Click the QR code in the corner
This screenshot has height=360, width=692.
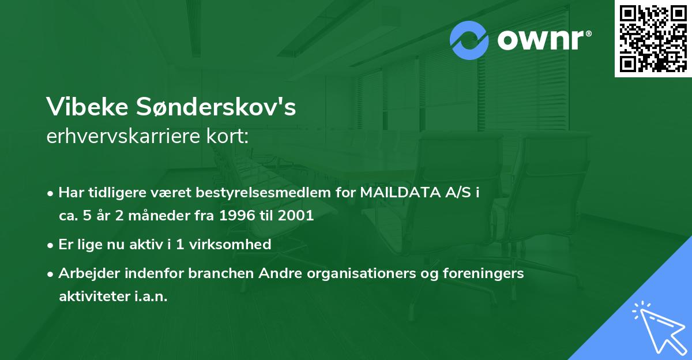pyautogui.click(x=653, y=38)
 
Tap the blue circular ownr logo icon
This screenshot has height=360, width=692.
pyautogui.click(x=469, y=40)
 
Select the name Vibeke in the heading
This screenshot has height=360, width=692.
pyautogui.click(x=86, y=107)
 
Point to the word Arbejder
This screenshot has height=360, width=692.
pyautogui.click(x=85, y=273)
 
